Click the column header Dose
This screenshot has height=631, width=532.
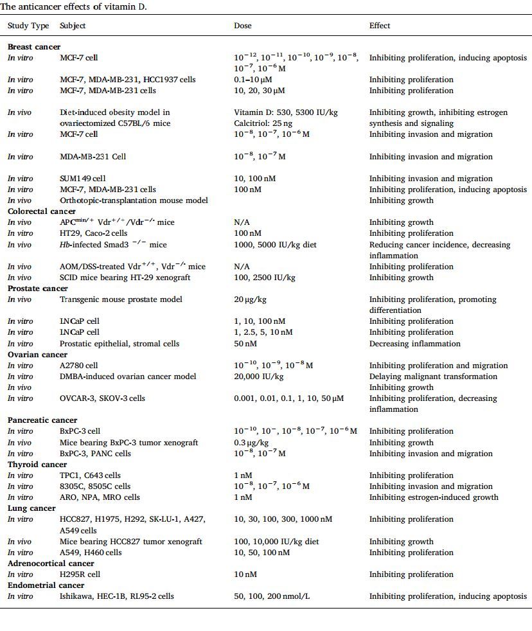[x=242, y=26]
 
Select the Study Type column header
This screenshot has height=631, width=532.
[x=28, y=26]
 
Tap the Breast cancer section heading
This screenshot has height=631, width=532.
[x=34, y=47]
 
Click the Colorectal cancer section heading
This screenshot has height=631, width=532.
[x=42, y=211]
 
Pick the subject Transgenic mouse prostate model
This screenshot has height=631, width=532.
[x=121, y=299]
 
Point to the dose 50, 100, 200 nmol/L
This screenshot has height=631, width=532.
[x=272, y=596]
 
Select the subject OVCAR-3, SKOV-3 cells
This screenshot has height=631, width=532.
[x=102, y=398]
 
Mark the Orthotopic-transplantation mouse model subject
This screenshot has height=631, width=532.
[x=134, y=200]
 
